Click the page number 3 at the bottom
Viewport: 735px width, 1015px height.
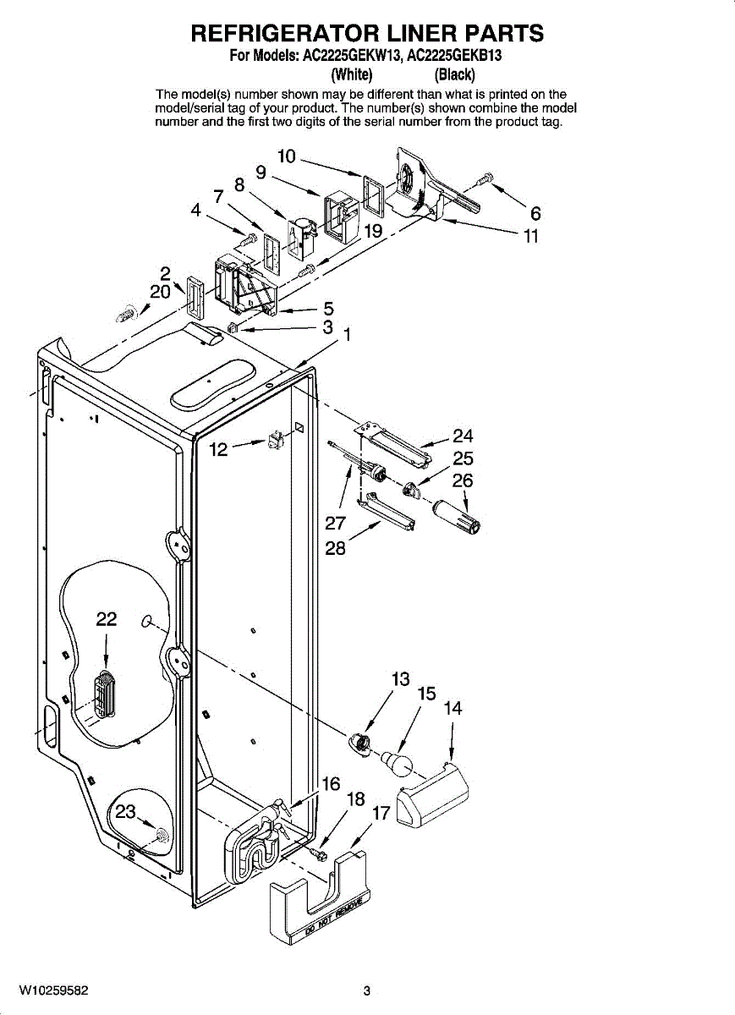point(367,990)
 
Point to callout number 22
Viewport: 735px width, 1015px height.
point(106,619)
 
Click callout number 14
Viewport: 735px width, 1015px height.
point(453,708)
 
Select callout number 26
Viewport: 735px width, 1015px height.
point(463,480)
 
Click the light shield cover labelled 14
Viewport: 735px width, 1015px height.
point(431,795)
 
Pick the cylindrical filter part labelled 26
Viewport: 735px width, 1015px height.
point(458,516)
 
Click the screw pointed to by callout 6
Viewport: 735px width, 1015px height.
point(485,179)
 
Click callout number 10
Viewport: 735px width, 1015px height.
point(287,156)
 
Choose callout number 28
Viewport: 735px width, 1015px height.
point(336,548)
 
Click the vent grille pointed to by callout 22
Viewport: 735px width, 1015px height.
point(104,694)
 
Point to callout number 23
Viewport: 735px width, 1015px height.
point(125,812)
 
